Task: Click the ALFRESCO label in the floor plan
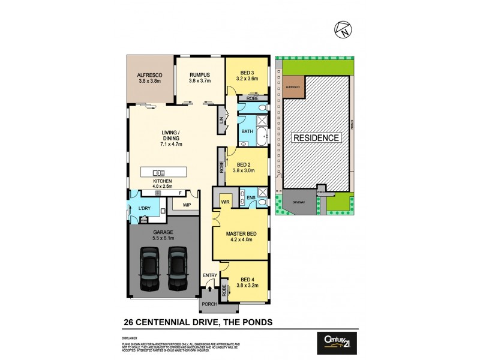tap(150, 76)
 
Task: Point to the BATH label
tap(247, 131)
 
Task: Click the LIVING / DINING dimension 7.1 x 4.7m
tap(171, 144)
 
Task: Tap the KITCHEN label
tap(163, 181)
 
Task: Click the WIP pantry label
tap(186, 205)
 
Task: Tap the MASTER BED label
tap(241, 234)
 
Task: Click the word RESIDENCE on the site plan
tap(316, 138)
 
